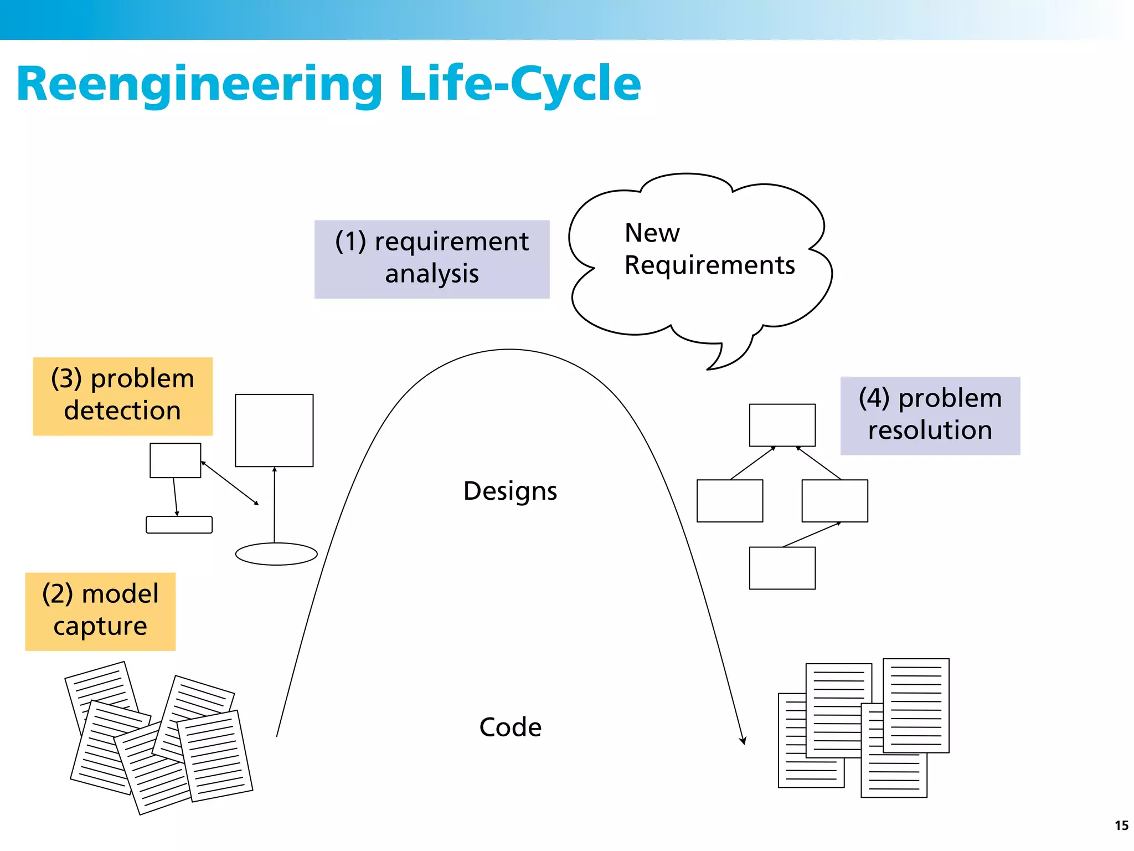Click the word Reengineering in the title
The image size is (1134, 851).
coord(199,84)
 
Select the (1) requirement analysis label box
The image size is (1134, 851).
coord(431,259)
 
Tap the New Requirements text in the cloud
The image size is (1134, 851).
coord(709,249)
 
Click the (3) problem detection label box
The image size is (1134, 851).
coord(122,396)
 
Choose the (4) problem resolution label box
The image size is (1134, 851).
coord(930,415)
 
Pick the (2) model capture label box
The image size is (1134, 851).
coord(100,611)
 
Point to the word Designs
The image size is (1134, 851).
coord(510,491)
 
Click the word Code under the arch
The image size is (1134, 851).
coord(510,727)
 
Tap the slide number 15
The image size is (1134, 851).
coord(1121,826)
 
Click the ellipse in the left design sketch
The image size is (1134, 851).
coord(276,553)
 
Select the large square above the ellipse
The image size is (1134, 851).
coord(274,430)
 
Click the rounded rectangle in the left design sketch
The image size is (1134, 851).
coord(179,524)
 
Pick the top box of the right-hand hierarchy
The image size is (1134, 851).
coord(782,424)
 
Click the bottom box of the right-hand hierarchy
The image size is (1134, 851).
coord(782,568)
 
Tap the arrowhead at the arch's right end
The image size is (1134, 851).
coord(743,741)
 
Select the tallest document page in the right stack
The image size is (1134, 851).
coord(916,705)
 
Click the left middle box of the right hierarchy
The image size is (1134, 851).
coord(729,500)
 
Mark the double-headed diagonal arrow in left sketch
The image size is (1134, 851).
coord(230,483)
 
